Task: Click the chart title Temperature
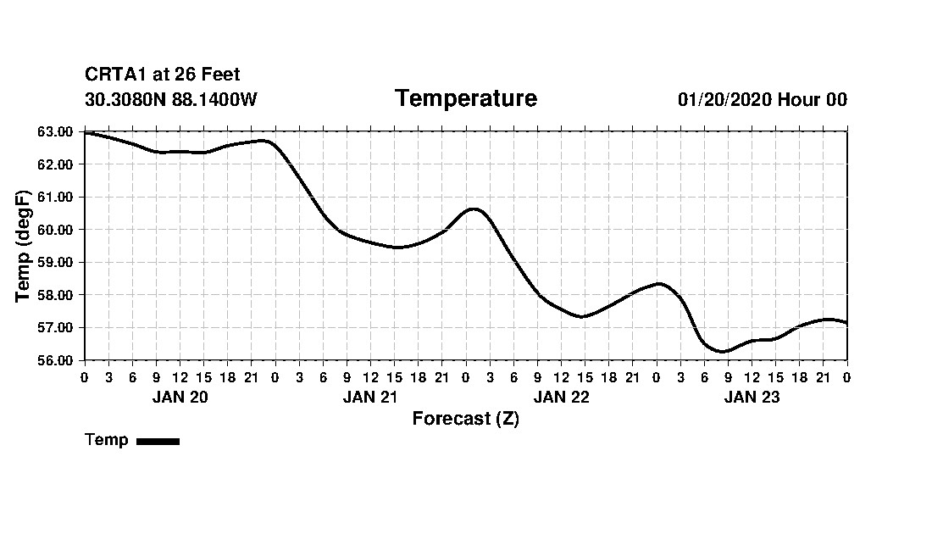(x=465, y=99)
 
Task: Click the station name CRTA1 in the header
(x=116, y=75)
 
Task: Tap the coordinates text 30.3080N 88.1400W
(x=170, y=100)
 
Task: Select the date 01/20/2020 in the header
(x=724, y=100)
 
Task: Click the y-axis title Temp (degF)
(x=24, y=246)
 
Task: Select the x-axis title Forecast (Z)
(x=465, y=419)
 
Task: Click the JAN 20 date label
(x=180, y=398)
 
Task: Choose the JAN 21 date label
(x=370, y=398)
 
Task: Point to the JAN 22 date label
(x=561, y=398)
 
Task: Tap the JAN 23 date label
(x=752, y=398)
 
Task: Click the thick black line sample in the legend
(x=158, y=441)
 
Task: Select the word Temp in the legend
(x=107, y=440)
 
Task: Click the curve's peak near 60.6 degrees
(x=473, y=209)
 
